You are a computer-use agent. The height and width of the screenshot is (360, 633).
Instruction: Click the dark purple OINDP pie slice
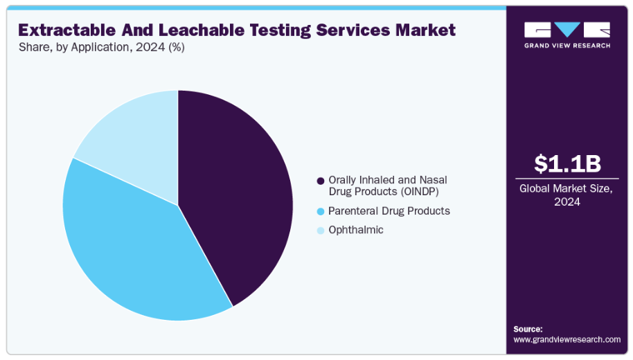235,194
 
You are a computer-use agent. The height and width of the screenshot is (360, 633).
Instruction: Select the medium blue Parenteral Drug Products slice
132,249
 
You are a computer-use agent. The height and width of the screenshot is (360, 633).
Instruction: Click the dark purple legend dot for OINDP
320,181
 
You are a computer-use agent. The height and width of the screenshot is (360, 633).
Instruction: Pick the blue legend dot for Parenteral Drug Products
320,211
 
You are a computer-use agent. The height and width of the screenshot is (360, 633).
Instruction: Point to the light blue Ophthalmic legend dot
320,231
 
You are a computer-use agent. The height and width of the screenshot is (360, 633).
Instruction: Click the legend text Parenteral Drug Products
389,210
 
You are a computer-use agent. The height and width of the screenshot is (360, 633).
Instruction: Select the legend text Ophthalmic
356,230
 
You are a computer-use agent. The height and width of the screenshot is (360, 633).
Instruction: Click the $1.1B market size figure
567,163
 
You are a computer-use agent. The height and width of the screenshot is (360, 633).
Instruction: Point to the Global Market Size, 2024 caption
567,195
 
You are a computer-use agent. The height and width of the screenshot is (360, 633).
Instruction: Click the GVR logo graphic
567,30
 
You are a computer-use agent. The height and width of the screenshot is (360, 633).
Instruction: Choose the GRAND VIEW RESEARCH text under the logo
567,46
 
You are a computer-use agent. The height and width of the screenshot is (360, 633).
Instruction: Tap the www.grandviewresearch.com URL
567,339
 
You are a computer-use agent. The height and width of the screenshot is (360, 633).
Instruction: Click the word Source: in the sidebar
528,329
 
